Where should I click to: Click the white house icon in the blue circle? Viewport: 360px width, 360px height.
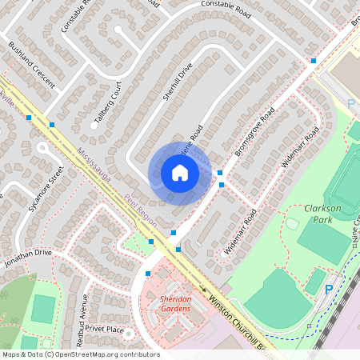point(179,173)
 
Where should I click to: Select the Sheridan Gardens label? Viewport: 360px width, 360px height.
point(165,303)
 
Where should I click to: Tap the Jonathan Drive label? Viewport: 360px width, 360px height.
point(27,255)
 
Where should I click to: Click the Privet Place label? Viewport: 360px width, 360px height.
point(105,329)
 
